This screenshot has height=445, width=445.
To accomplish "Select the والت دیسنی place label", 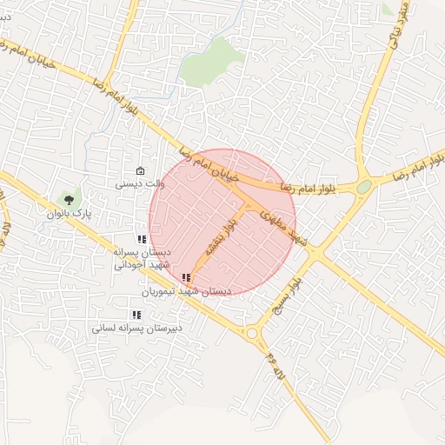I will [140, 183].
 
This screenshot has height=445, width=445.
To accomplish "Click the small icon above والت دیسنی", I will [141, 170].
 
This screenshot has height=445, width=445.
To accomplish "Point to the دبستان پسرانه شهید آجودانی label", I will [143, 258].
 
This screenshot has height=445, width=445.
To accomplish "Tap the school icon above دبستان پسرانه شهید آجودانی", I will [142, 239].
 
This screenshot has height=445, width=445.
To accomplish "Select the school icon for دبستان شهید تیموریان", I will [186, 278].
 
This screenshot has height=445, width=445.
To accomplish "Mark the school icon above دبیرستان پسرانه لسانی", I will [136, 315].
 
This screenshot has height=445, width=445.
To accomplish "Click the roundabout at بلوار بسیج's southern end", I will [252, 333].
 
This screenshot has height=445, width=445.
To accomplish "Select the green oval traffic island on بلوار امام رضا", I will [363, 186].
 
